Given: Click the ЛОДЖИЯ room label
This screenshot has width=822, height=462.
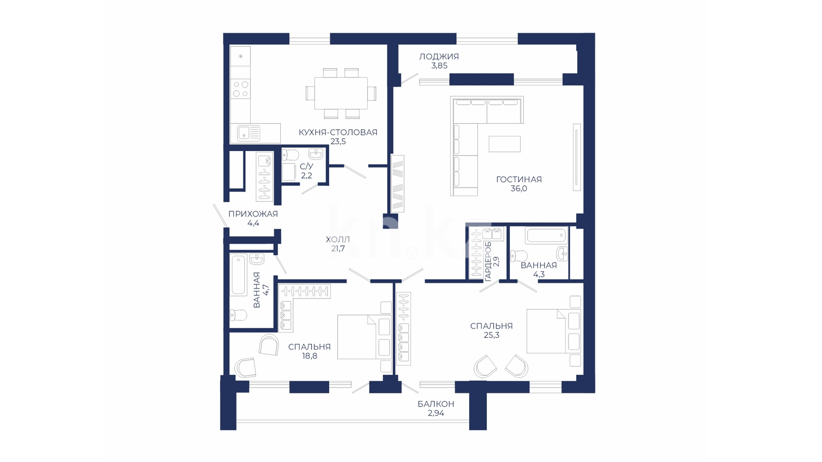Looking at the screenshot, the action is (x=439, y=56).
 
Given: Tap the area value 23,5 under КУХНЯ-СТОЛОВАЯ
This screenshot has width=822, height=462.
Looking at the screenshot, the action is (x=338, y=141).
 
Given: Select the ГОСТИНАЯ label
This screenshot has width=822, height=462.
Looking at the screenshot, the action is (x=519, y=179).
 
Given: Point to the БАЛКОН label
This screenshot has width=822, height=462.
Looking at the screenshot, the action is (x=436, y=404).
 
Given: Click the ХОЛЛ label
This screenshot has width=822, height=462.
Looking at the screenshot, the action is (x=338, y=240).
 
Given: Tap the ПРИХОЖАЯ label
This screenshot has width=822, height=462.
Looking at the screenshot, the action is (x=253, y=214).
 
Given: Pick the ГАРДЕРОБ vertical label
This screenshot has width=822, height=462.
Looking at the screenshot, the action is (x=488, y=262).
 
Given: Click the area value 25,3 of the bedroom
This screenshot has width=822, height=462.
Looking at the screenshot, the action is (x=491, y=335).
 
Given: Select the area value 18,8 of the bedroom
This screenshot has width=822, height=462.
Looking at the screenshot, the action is (x=309, y=356).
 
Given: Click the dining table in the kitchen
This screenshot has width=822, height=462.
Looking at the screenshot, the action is (x=341, y=93).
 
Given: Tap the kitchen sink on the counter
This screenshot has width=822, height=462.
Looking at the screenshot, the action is (x=249, y=133).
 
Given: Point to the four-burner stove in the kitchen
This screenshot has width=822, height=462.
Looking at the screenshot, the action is (x=240, y=89).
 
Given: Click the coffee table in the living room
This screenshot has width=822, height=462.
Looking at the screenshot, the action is (x=505, y=144).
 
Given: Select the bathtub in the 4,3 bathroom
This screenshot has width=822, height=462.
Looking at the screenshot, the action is (x=546, y=235).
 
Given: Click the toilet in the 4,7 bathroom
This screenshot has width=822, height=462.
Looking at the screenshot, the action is (x=238, y=315).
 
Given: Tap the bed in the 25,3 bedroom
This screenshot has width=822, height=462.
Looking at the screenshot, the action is (x=553, y=331).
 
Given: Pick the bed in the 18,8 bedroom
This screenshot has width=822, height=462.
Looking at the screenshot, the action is (x=364, y=337).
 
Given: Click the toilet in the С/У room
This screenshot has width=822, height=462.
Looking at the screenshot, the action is (x=291, y=155).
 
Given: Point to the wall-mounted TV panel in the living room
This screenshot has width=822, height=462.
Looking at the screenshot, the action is (x=577, y=157).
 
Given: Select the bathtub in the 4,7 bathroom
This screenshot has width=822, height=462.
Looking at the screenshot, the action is (x=238, y=275).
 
